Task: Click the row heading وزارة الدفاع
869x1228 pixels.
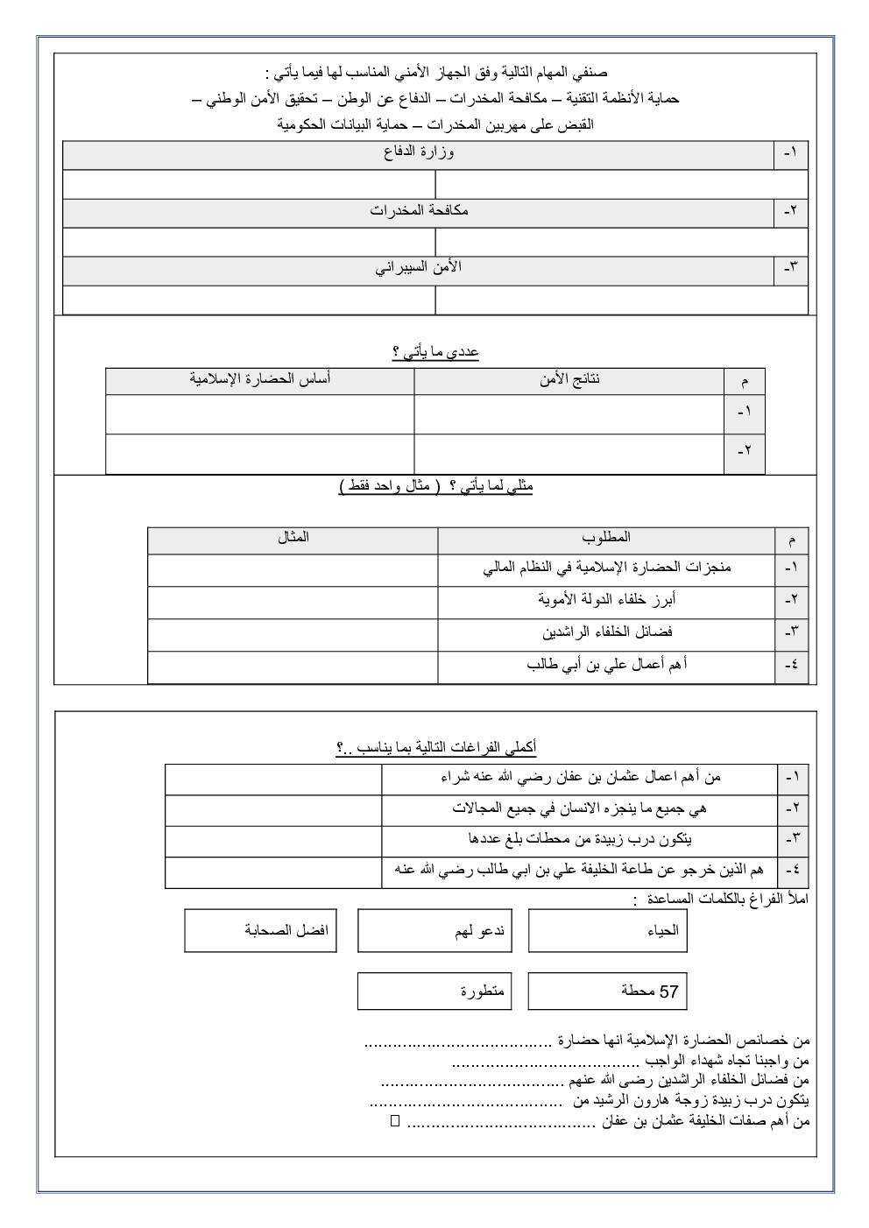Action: click(419, 153)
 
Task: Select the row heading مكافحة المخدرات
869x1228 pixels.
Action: click(419, 210)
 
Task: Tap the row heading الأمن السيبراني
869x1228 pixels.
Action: click(419, 267)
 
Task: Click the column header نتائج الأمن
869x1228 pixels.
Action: click(569, 379)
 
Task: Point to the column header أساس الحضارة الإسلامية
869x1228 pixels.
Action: click(260, 379)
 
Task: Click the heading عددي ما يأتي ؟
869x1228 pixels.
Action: click(435, 352)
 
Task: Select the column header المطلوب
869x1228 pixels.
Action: click(606, 538)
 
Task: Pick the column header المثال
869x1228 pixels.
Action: click(293, 538)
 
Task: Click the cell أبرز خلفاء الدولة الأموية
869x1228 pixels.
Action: click(606, 600)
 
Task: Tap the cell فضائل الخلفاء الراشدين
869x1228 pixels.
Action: click(606, 632)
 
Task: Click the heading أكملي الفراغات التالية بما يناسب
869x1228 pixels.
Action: click(435, 747)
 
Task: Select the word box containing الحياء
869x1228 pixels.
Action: click(607, 931)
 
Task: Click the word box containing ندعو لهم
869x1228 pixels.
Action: click(434, 931)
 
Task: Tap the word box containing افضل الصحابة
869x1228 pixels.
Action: click(260, 931)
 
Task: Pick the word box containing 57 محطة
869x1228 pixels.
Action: click(607, 992)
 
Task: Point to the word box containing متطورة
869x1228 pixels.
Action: click(434, 992)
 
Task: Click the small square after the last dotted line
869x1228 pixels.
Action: click(393, 1120)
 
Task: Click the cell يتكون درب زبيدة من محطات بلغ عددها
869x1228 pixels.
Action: click(579, 839)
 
